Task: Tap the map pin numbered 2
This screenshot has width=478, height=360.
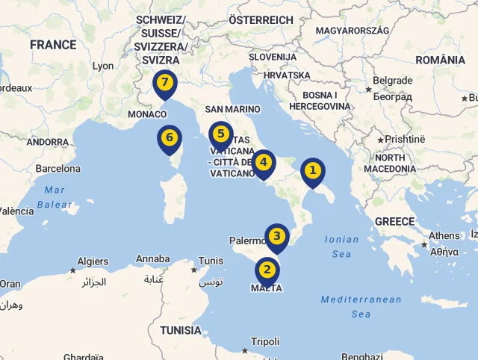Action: point(267,270)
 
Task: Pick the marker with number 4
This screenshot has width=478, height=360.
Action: point(263,162)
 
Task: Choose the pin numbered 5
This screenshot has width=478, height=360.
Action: point(220,135)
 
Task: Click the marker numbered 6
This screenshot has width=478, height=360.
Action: point(170,138)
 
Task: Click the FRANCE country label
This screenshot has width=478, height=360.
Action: point(53,45)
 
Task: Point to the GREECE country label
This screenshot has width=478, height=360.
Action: point(394,221)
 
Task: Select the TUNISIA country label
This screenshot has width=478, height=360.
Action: point(180,330)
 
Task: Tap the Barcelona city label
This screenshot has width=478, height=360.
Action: point(58,169)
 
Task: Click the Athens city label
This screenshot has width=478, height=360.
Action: point(444,236)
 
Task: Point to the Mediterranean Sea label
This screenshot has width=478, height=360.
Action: point(361,306)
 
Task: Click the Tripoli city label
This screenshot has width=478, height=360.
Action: point(265,341)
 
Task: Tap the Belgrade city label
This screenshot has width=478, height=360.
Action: point(392,81)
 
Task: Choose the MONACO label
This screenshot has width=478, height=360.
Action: point(147,114)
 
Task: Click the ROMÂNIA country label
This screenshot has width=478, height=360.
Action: point(440,60)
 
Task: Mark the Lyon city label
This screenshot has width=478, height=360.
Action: point(103,66)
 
